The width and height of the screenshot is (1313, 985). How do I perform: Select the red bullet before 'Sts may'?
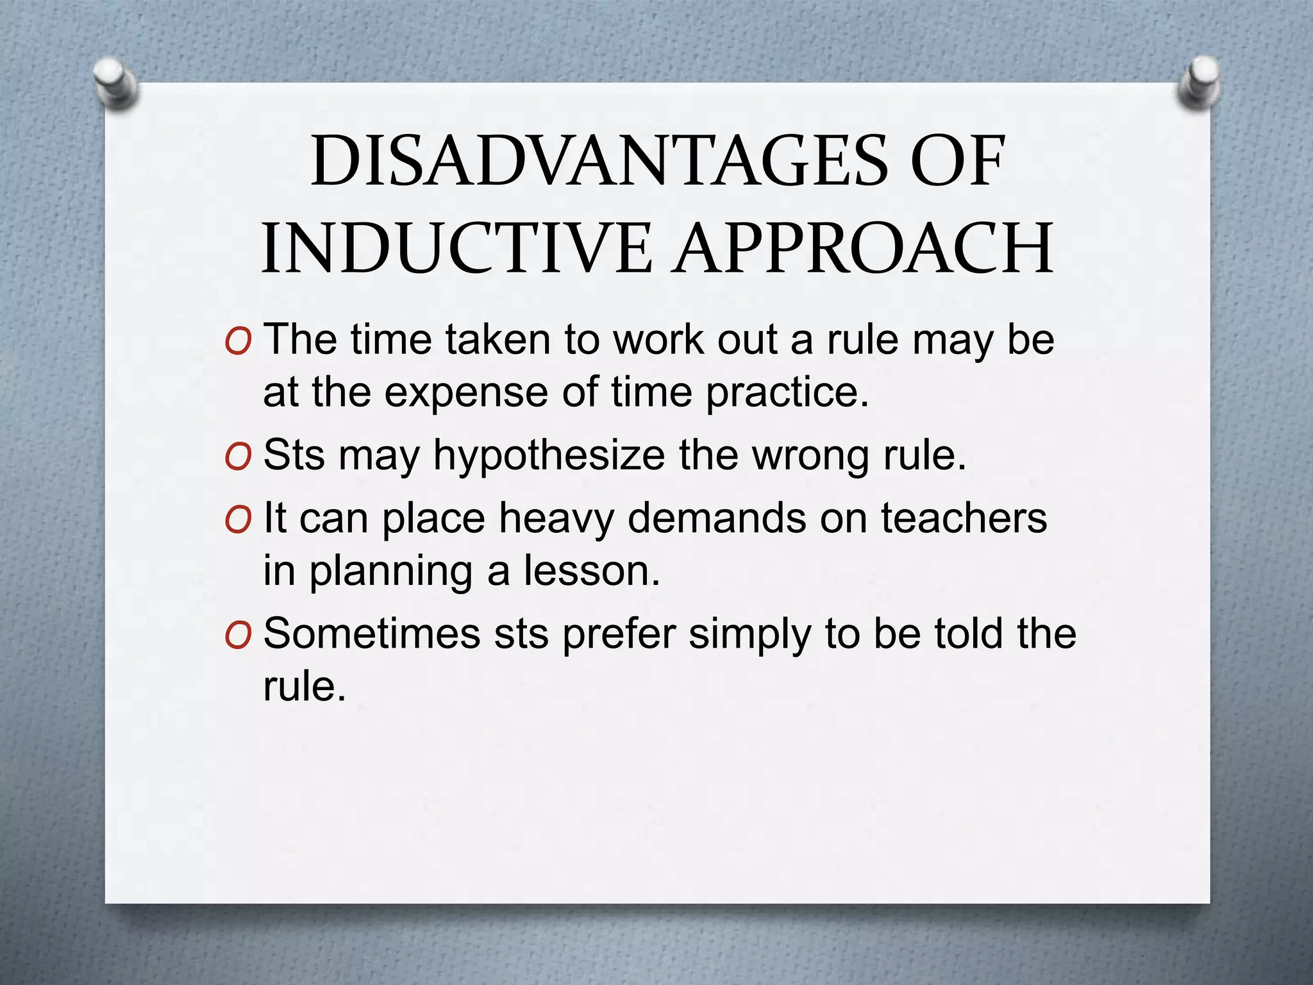(238, 457)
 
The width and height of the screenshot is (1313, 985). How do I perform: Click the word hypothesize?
(549, 457)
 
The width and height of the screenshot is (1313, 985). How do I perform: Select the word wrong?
(811, 457)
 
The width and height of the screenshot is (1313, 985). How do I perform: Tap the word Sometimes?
(372, 634)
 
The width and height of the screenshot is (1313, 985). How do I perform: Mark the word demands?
(717, 518)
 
